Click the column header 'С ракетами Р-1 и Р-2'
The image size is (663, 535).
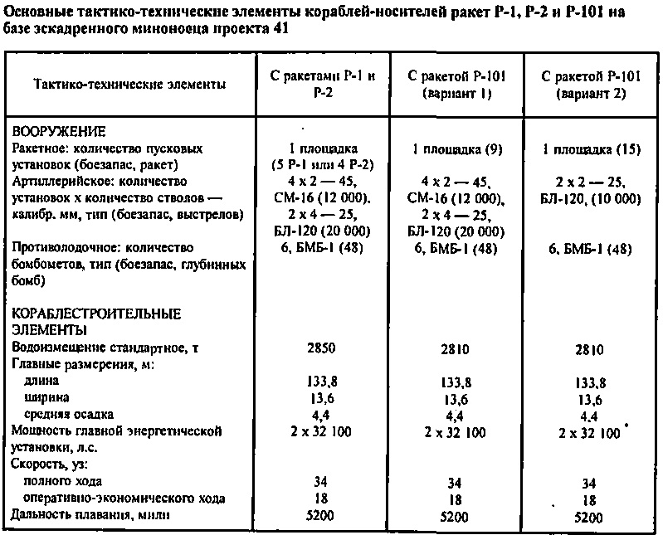click(324, 84)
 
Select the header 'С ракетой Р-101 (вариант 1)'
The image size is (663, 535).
click(457, 84)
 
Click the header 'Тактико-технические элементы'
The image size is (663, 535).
click(129, 85)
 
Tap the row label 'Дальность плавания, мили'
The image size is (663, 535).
click(90, 515)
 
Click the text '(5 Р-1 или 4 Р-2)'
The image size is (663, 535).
click(324, 163)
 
